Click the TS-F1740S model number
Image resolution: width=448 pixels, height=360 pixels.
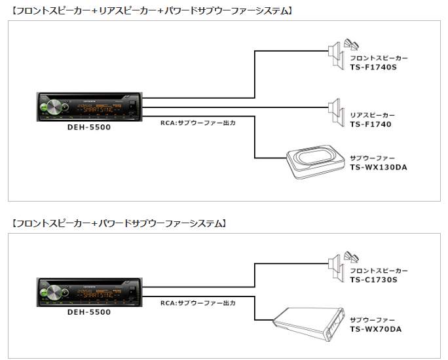click(x=374, y=67)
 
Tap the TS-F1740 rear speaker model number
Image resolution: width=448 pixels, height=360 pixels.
click(x=370, y=124)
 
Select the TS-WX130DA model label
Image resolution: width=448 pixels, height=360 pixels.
click(x=379, y=168)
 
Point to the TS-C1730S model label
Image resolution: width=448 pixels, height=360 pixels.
click(x=374, y=279)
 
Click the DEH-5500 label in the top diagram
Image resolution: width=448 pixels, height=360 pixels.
click(x=89, y=127)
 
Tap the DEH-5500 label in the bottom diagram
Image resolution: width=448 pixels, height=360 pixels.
click(x=89, y=312)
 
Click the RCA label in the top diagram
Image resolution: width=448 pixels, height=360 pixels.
click(x=197, y=122)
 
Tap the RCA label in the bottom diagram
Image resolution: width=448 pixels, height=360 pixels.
click(x=197, y=304)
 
